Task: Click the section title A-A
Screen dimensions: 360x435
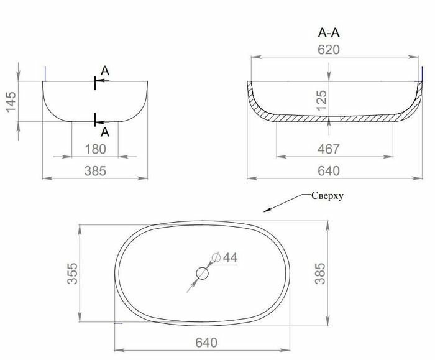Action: pos(329,33)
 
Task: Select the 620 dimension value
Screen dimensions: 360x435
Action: pos(329,50)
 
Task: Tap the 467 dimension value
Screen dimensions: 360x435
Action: pos(327,149)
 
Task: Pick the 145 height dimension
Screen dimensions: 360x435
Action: pos(11,99)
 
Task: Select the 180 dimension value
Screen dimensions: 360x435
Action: pos(94,149)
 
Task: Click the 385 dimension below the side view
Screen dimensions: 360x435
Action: pos(94,170)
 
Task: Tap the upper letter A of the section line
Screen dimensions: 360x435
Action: pos(105,72)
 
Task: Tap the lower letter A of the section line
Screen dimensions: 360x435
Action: pos(105,131)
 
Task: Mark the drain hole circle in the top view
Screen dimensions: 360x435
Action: pos(203,273)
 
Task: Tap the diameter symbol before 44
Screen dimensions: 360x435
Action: pos(216,257)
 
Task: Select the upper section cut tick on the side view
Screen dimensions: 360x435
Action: pos(95,81)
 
